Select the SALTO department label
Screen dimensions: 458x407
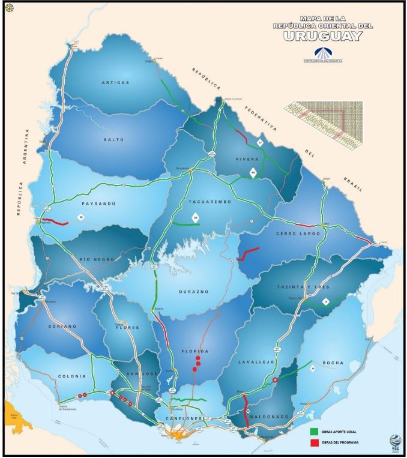113,139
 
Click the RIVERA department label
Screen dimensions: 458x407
247,159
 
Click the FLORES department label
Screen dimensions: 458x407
127,328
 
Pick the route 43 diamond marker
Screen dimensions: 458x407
194,217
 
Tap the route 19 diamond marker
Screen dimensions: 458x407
326,302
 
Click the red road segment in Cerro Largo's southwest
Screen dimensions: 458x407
247,253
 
